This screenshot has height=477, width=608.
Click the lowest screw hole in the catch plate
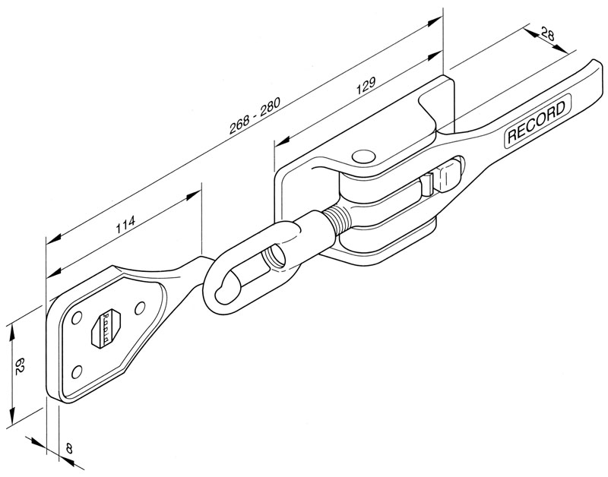click(x=76, y=371)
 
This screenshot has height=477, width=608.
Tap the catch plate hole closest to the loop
click(x=139, y=308)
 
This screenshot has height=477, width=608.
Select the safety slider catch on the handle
click(x=429, y=182)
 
